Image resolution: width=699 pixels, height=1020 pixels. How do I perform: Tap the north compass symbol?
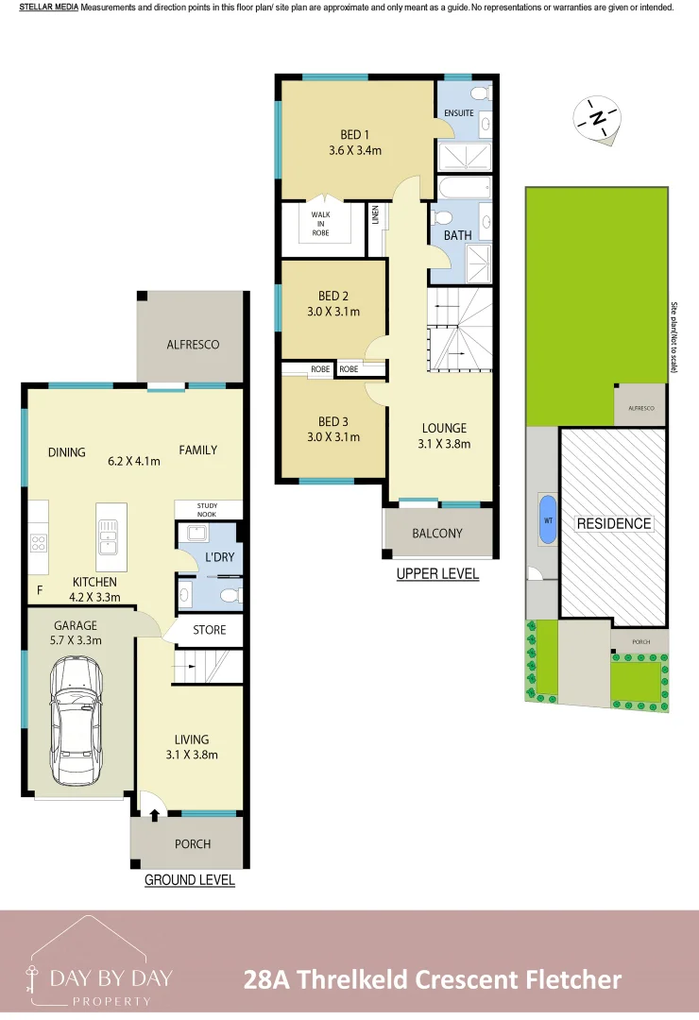tap(598, 118)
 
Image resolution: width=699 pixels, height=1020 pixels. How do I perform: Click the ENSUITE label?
tap(459, 112)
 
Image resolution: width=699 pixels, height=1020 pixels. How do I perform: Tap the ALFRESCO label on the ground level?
tap(193, 345)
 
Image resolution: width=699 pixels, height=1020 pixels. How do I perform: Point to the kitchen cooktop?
tap(40, 543)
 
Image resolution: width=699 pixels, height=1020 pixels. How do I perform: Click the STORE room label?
tap(209, 629)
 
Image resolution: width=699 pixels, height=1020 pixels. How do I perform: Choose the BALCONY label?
tap(437, 533)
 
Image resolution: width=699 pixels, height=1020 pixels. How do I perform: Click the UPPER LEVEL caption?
tap(437, 573)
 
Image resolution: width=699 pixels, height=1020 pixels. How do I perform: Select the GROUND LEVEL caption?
tap(189, 879)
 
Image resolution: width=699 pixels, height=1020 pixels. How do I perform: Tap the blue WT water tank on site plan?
tap(547, 518)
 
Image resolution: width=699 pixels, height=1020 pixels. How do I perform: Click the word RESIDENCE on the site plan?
tap(614, 523)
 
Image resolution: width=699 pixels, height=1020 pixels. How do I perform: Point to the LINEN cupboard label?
tap(375, 216)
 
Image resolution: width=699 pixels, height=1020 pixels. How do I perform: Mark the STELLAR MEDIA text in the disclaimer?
tap(48, 8)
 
